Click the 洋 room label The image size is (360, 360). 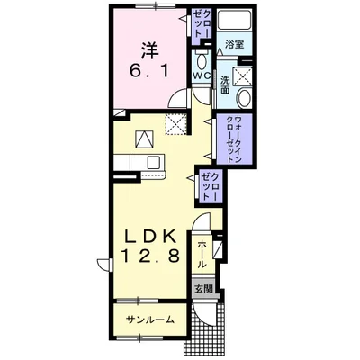(149, 50)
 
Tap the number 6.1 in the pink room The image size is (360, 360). (148, 71)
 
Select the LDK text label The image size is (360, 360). (150, 238)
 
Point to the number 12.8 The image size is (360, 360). (150, 256)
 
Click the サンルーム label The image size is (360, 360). (150, 319)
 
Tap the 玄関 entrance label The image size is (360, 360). (203, 289)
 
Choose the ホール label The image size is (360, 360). (202, 255)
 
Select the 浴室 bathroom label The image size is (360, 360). (234, 45)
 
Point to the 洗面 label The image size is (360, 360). (226, 85)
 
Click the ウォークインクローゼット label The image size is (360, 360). (234, 139)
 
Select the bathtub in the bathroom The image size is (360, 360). (234, 21)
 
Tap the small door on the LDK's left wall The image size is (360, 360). (105, 265)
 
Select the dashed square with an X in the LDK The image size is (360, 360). (175, 124)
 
